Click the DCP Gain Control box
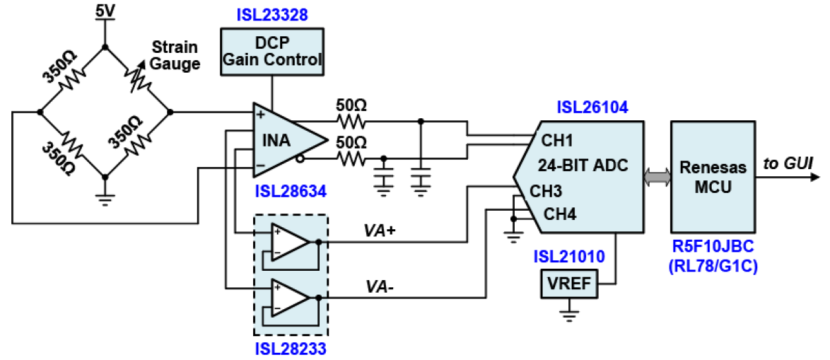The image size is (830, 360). tap(272, 52)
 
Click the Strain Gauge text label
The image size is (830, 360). tap(175, 55)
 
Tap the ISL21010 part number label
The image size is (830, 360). tap(570, 256)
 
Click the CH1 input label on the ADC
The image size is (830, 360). tap(556, 141)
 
